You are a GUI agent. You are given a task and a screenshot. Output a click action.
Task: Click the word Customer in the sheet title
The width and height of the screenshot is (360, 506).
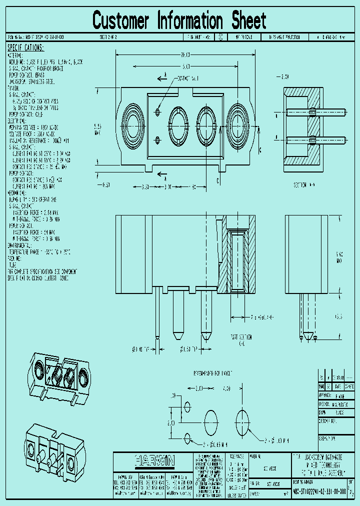point(120,21)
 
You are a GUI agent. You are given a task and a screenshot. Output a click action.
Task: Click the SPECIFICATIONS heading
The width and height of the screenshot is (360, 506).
point(25,48)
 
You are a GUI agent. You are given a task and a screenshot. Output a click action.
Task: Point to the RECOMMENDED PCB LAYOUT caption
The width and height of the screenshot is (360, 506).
point(212,373)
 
